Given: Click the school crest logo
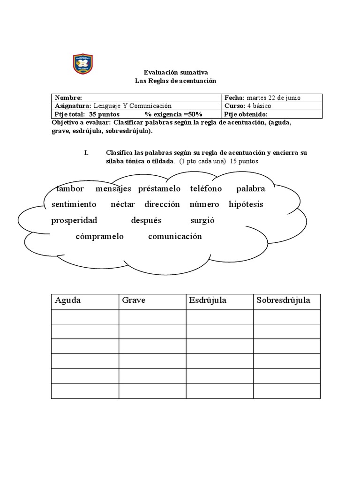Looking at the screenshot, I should pyautogui.click(x=83, y=64).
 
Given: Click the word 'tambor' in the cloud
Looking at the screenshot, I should pyautogui.click(x=70, y=189).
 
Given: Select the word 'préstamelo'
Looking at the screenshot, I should pyautogui.click(x=159, y=189).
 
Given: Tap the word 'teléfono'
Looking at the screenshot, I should pyautogui.click(x=206, y=189).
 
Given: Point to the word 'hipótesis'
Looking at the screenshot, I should pyautogui.click(x=246, y=204).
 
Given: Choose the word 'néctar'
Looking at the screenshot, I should pyautogui.click(x=123, y=204).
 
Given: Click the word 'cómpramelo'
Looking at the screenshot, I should pyautogui.click(x=99, y=236).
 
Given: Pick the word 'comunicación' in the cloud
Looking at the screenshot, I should pyautogui.click(x=175, y=236).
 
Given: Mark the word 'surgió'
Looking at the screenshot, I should pyautogui.click(x=202, y=220).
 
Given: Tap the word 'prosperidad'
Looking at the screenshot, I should pyautogui.click(x=74, y=220).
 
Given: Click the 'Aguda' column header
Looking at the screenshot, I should pyautogui.click(x=68, y=300).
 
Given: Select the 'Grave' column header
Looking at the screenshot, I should pyautogui.click(x=134, y=300).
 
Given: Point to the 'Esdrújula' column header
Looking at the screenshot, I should pyautogui.click(x=208, y=300).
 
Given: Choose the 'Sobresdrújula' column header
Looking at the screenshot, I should pyautogui.click(x=283, y=300).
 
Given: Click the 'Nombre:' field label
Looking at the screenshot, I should pyautogui.click(x=68, y=98).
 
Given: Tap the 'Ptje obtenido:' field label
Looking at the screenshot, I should pyautogui.click(x=246, y=114).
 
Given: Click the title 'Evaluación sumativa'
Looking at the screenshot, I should pyautogui.click(x=175, y=73).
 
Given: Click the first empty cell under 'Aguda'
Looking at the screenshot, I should pyautogui.click(x=85, y=316).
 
